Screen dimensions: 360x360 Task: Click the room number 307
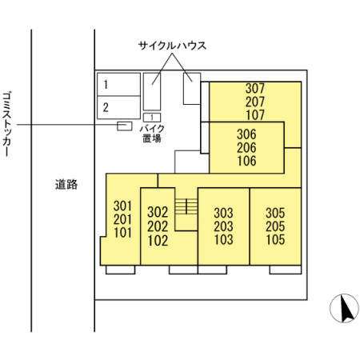[x=254, y=88]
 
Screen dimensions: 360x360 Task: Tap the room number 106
[x=246, y=161]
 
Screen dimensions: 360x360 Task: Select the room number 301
[x=123, y=205]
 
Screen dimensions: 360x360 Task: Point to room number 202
[x=158, y=226]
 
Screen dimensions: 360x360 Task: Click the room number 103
[x=223, y=239]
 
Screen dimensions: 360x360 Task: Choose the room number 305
[x=275, y=213]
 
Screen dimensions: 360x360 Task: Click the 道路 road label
[x=66, y=184]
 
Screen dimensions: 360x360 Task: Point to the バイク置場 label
[x=152, y=133]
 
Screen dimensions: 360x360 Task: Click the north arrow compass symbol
[x=343, y=309]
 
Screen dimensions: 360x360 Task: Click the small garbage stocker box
[x=125, y=126]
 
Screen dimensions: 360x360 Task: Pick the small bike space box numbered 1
[x=151, y=118]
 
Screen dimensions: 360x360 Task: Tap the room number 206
[x=246, y=148]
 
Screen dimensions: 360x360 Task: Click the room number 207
[x=254, y=102]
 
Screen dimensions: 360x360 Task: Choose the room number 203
[x=223, y=226]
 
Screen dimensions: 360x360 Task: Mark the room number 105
[x=275, y=239]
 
